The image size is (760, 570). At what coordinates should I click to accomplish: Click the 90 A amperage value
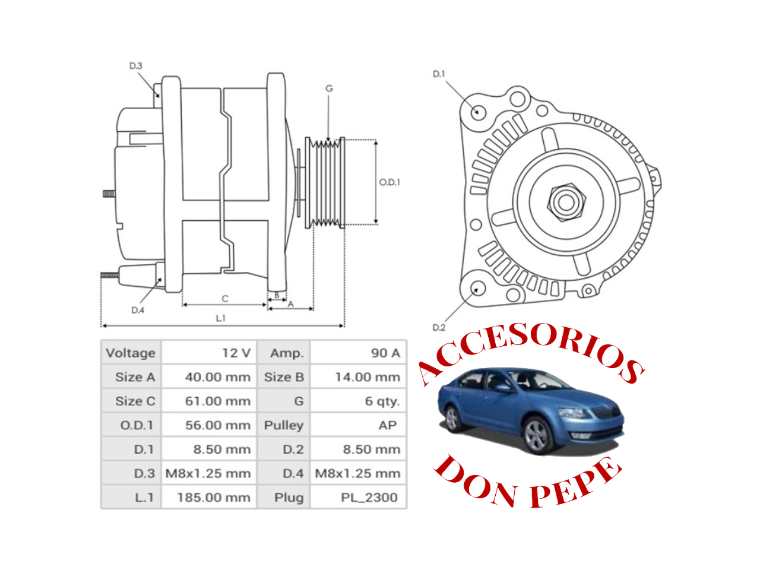click(385, 353)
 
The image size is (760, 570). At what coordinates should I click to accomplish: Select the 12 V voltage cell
click(236, 353)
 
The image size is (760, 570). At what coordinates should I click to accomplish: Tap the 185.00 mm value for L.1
click(214, 498)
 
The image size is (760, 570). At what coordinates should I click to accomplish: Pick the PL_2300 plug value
click(369, 498)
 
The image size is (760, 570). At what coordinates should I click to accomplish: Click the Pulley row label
click(284, 425)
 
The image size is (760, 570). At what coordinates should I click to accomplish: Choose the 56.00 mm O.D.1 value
click(217, 425)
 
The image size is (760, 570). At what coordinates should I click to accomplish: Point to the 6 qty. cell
click(382, 401)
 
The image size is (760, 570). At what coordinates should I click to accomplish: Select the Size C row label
click(135, 401)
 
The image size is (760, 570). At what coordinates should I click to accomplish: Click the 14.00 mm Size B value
click(368, 377)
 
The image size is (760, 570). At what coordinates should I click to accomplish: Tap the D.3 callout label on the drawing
click(136, 66)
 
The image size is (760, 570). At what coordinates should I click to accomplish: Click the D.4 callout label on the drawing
click(138, 310)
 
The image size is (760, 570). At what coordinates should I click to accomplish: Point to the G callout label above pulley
click(329, 88)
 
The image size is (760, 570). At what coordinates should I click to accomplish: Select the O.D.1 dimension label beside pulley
click(389, 182)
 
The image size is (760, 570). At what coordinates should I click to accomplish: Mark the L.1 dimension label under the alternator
click(220, 318)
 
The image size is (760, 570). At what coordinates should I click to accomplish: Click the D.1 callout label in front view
click(438, 74)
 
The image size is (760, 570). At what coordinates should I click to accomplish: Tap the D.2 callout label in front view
click(438, 327)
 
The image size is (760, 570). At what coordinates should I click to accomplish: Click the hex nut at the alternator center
click(565, 202)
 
